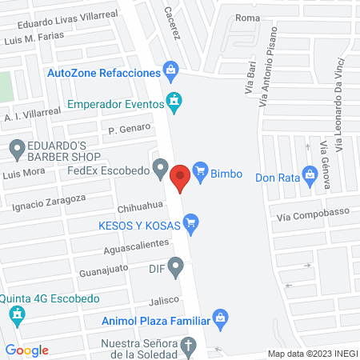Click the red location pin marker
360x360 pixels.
coord(181,176)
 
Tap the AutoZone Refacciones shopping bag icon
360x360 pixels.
coord(170,70)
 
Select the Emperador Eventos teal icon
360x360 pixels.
coord(174,102)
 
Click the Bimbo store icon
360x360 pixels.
coord(200,170)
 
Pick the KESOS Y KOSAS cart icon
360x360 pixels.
coord(190,225)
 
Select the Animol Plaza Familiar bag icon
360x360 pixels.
coord(222,320)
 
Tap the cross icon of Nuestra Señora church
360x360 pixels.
coord(189,347)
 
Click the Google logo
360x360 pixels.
coord(26,350)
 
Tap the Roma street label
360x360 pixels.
coord(249,17)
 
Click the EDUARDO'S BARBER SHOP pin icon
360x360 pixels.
coord(17,148)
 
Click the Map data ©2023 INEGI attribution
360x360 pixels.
coord(311,353)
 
